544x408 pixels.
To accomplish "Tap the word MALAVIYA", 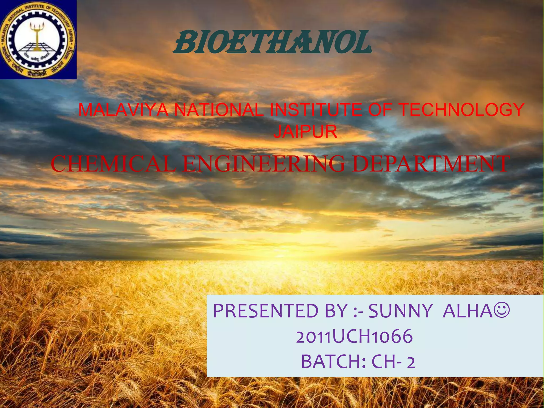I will (x=123, y=110).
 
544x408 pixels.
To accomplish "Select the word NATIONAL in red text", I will (x=219, y=110).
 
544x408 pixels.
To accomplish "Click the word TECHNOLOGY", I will (x=462, y=110).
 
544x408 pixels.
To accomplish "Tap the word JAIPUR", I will (x=305, y=131).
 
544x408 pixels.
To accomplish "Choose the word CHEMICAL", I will (x=113, y=164).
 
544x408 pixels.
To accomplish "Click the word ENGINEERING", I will (x=264, y=164).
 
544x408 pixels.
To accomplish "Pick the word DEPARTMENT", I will (x=430, y=164).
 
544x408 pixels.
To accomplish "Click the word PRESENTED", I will (x=266, y=311).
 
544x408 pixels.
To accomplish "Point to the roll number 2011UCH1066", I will (x=354, y=337).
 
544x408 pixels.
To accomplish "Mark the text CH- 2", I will (x=393, y=362).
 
